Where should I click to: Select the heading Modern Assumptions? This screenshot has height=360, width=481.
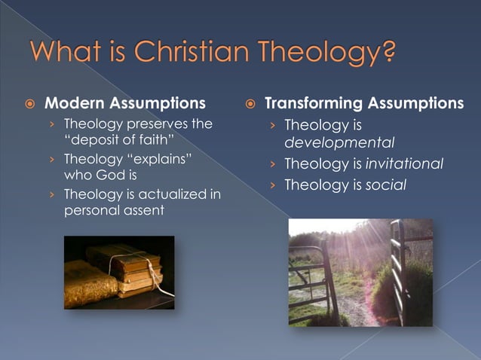click(x=124, y=103)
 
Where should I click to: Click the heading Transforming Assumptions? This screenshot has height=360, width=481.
click(x=364, y=103)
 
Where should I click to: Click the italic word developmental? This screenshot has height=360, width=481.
click(x=329, y=142)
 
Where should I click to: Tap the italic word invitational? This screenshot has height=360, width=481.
click(x=404, y=163)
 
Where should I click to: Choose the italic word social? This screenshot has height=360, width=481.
click(x=385, y=183)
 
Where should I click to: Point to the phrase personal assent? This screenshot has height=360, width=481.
click(x=113, y=211)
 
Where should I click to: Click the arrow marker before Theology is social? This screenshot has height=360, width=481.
click(x=273, y=184)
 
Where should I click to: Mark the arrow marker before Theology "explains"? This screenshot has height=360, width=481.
click(x=53, y=159)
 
